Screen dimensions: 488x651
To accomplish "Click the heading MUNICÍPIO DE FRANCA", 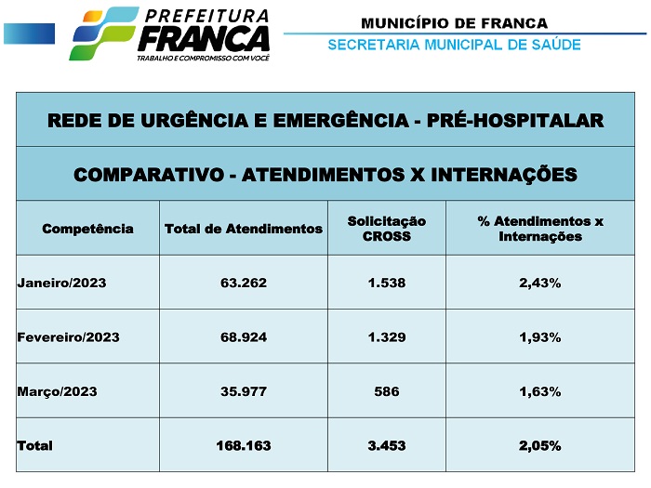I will coord(454,23).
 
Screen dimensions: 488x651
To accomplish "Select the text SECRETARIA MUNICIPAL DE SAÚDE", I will coord(454,45).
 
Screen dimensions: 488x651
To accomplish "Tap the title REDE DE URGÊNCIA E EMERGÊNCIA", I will coord(325,120).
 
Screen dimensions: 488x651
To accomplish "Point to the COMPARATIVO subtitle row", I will coord(325,174).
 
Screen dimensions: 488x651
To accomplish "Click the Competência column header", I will coord(87,229).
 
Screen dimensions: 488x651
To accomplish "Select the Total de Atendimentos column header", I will coord(243,229).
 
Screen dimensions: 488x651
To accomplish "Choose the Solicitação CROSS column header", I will coord(386,229).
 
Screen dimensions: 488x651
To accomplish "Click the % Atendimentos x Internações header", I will coord(539,229).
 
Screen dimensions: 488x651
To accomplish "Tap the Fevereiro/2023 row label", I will coord(68,336).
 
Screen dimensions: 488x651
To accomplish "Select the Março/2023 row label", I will coord(57,391).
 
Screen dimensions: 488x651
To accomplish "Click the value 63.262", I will coord(243,283).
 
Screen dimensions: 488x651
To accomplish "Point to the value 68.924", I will coord(243,336).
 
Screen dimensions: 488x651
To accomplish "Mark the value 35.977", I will coord(243,391).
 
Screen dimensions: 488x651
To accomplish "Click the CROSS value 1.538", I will coord(386,283).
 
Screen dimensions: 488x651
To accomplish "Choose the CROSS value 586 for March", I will coord(386,391).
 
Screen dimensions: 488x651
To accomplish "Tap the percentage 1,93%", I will coord(539,336).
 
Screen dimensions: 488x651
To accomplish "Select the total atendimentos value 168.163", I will coord(243,445).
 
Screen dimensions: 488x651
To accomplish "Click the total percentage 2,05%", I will coord(539,445).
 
